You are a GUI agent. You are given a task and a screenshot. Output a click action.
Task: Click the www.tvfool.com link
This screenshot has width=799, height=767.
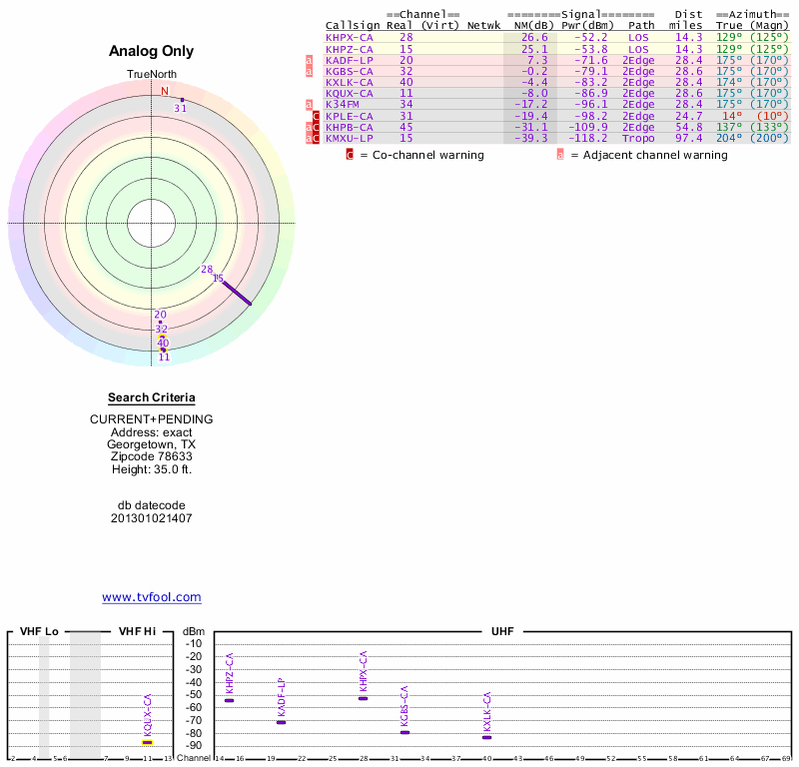point(151,597)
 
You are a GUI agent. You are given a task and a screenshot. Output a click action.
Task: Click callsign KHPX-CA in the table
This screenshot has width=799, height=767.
point(350,37)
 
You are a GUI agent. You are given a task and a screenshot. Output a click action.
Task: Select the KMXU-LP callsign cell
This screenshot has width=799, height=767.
point(350,139)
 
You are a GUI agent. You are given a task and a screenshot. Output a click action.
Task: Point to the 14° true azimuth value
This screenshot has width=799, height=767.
point(728,116)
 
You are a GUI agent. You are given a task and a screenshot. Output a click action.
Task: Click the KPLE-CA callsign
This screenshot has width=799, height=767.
point(350,116)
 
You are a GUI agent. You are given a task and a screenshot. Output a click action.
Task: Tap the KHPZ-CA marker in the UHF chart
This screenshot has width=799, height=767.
point(229,700)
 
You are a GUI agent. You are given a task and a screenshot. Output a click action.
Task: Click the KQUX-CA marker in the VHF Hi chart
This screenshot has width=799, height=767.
point(147,742)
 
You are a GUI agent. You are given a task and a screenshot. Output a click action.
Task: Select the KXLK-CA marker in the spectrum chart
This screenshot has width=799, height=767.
point(486,737)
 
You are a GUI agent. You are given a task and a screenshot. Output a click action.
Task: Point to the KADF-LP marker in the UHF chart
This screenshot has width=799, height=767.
point(281,722)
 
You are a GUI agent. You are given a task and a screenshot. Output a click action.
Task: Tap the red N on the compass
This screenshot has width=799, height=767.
point(165,91)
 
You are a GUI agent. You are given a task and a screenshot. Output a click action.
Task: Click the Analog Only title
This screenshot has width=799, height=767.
point(151,52)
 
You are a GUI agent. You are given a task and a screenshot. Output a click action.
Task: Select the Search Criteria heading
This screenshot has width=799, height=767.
point(151,397)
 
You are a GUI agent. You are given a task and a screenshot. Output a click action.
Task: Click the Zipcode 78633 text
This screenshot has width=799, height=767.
point(151,456)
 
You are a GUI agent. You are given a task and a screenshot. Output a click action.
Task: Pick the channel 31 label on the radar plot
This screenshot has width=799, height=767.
point(181,108)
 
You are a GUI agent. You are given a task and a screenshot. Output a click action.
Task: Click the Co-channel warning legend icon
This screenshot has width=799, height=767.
point(350,155)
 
